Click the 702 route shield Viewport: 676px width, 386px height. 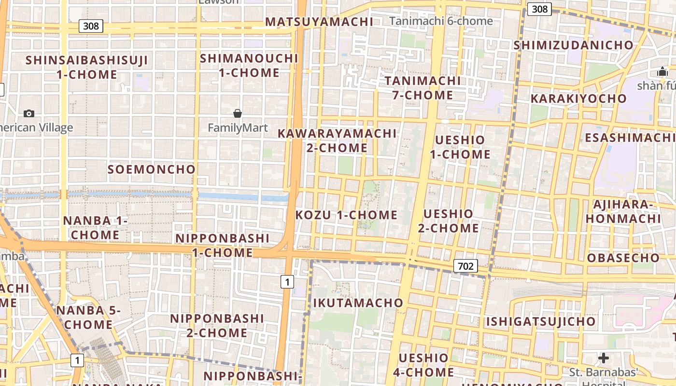(x=465, y=265)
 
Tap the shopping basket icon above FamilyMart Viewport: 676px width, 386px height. (x=238, y=113)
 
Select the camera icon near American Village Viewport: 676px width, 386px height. (x=29, y=113)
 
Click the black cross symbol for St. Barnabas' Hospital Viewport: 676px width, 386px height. (x=603, y=358)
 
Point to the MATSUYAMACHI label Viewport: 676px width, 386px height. (x=319, y=22)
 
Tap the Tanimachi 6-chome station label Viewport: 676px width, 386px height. (x=441, y=21)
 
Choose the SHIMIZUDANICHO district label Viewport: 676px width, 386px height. (x=573, y=45)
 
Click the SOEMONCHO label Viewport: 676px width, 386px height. (x=151, y=169)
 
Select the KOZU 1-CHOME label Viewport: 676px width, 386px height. (x=346, y=215)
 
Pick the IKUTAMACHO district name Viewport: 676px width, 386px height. (x=358, y=303)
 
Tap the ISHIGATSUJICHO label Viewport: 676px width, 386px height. (x=541, y=321)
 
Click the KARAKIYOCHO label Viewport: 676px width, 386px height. (x=578, y=99)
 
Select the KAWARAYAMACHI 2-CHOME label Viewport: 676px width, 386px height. (x=337, y=140)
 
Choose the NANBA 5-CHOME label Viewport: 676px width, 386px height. (x=88, y=317)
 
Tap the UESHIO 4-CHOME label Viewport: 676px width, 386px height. (x=423, y=365)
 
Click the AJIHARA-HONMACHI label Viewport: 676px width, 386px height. (x=623, y=211)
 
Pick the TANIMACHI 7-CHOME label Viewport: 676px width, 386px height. (x=423, y=87)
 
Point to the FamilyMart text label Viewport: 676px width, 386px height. (x=238, y=128)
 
